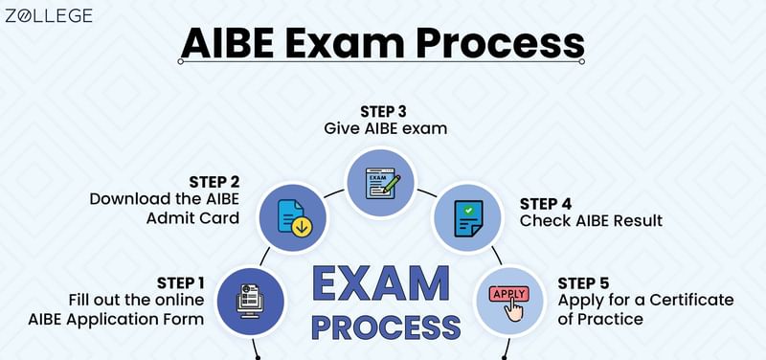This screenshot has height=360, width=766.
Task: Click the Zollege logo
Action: click(x=48, y=16)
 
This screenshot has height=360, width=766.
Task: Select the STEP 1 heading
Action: click(x=181, y=281)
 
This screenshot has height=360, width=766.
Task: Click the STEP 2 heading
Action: click(x=214, y=181)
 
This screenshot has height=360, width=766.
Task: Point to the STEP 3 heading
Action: click(x=383, y=110)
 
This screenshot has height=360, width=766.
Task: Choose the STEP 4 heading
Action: click(x=546, y=203)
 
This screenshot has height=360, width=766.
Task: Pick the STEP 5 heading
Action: click(x=583, y=282)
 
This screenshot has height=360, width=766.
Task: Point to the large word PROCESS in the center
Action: click(x=385, y=326)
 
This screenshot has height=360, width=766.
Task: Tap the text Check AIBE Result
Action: click(x=591, y=221)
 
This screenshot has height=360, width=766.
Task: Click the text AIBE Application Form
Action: click(x=138, y=318)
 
